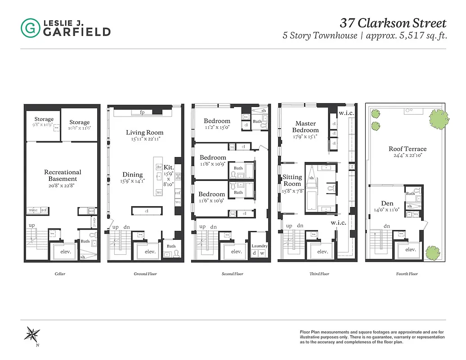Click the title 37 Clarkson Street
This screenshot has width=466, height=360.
click(x=393, y=23)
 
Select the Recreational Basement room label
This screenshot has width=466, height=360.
click(x=63, y=175)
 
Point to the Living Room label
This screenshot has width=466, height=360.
click(x=144, y=132)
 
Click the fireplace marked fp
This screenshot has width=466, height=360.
click(x=142, y=112)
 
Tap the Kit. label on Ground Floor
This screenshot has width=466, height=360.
click(x=169, y=166)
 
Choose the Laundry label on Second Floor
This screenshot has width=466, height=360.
click(x=260, y=246)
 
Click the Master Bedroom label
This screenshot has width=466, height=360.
click(x=305, y=126)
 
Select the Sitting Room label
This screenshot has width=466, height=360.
click(x=292, y=180)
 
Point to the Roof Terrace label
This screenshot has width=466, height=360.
click(x=408, y=149)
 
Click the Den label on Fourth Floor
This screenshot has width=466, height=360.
click(x=387, y=203)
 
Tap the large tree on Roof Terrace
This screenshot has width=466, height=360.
click(x=438, y=118)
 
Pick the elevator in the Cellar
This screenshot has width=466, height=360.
click(x=63, y=252)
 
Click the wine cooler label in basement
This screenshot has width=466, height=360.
click(x=33, y=210)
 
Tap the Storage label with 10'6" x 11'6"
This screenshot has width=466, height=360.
click(x=79, y=122)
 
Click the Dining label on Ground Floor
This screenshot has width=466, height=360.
click(x=133, y=175)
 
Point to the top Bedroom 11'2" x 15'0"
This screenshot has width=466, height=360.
click(x=217, y=121)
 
